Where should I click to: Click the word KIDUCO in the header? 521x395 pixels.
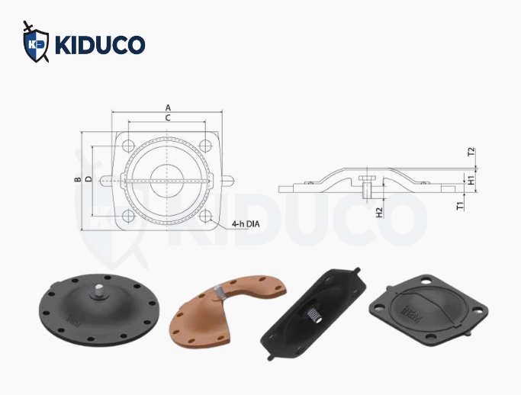[x=100, y=44]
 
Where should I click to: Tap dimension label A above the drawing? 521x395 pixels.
[x=168, y=108]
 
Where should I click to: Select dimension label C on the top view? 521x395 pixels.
[x=168, y=117]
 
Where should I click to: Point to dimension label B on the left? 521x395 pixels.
[x=78, y=179]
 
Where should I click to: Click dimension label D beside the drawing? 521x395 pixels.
[x=88, y=179]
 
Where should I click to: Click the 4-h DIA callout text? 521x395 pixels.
[x=246, y=224]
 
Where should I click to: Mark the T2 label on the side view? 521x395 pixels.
[x=471, y=153]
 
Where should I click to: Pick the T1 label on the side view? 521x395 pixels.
[x=460, y=206]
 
